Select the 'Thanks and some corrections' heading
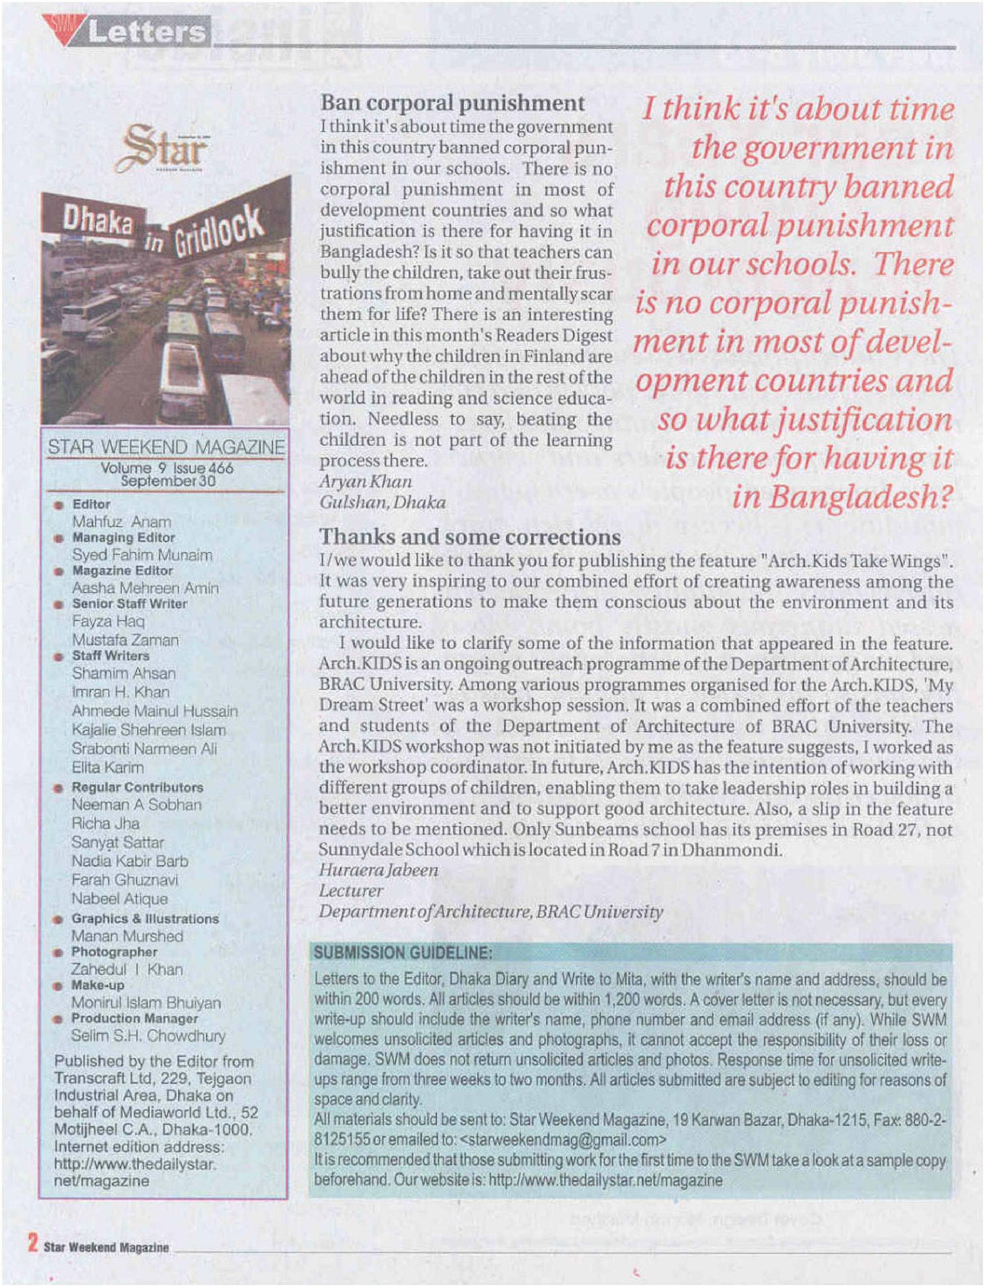pos(470,537)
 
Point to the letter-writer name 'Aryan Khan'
pos(365,481)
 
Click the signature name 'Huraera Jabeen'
pos(378,870)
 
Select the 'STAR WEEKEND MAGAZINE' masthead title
pos(166,447)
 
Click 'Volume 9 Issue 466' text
pos(167,468)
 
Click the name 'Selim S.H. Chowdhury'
pos(148,1035)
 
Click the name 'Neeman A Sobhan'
pos(137,804)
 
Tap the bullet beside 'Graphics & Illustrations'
pos(57,919)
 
